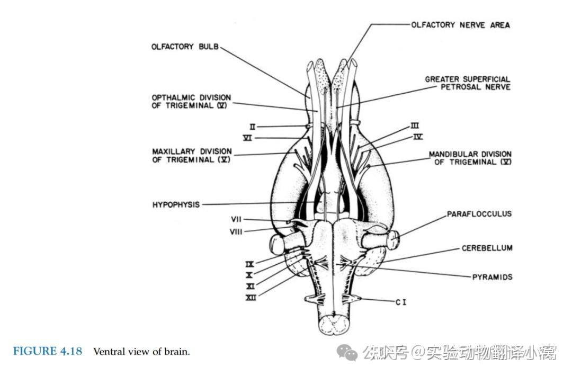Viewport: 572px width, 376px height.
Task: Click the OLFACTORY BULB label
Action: point(185,47)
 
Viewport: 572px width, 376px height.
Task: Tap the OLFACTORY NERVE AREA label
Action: point(460,25)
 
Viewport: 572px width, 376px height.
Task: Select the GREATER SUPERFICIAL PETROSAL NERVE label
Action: point(468,83)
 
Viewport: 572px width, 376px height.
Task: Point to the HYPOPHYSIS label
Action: point(176,204)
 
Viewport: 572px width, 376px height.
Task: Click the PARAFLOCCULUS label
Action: point(479,214)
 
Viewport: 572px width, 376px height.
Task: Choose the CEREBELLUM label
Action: point(487,248)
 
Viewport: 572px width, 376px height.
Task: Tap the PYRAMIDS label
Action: point(492,276)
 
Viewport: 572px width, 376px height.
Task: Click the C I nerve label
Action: point(401,302)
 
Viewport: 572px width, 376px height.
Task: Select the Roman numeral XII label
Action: point(251,298)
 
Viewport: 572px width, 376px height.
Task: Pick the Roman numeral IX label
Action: point(251,264)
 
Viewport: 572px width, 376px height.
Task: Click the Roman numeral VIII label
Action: point(236,231)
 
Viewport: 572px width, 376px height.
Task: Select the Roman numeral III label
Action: point(415,126)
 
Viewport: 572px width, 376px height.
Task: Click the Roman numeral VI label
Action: point(247,138)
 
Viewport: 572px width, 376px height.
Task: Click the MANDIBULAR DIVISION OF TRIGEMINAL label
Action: point(470,158)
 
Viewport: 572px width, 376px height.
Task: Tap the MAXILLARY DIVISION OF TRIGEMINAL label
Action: point(191,155)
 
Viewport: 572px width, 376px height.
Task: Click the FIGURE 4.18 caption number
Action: point(48,351)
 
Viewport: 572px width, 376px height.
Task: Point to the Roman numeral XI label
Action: point(251,287)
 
